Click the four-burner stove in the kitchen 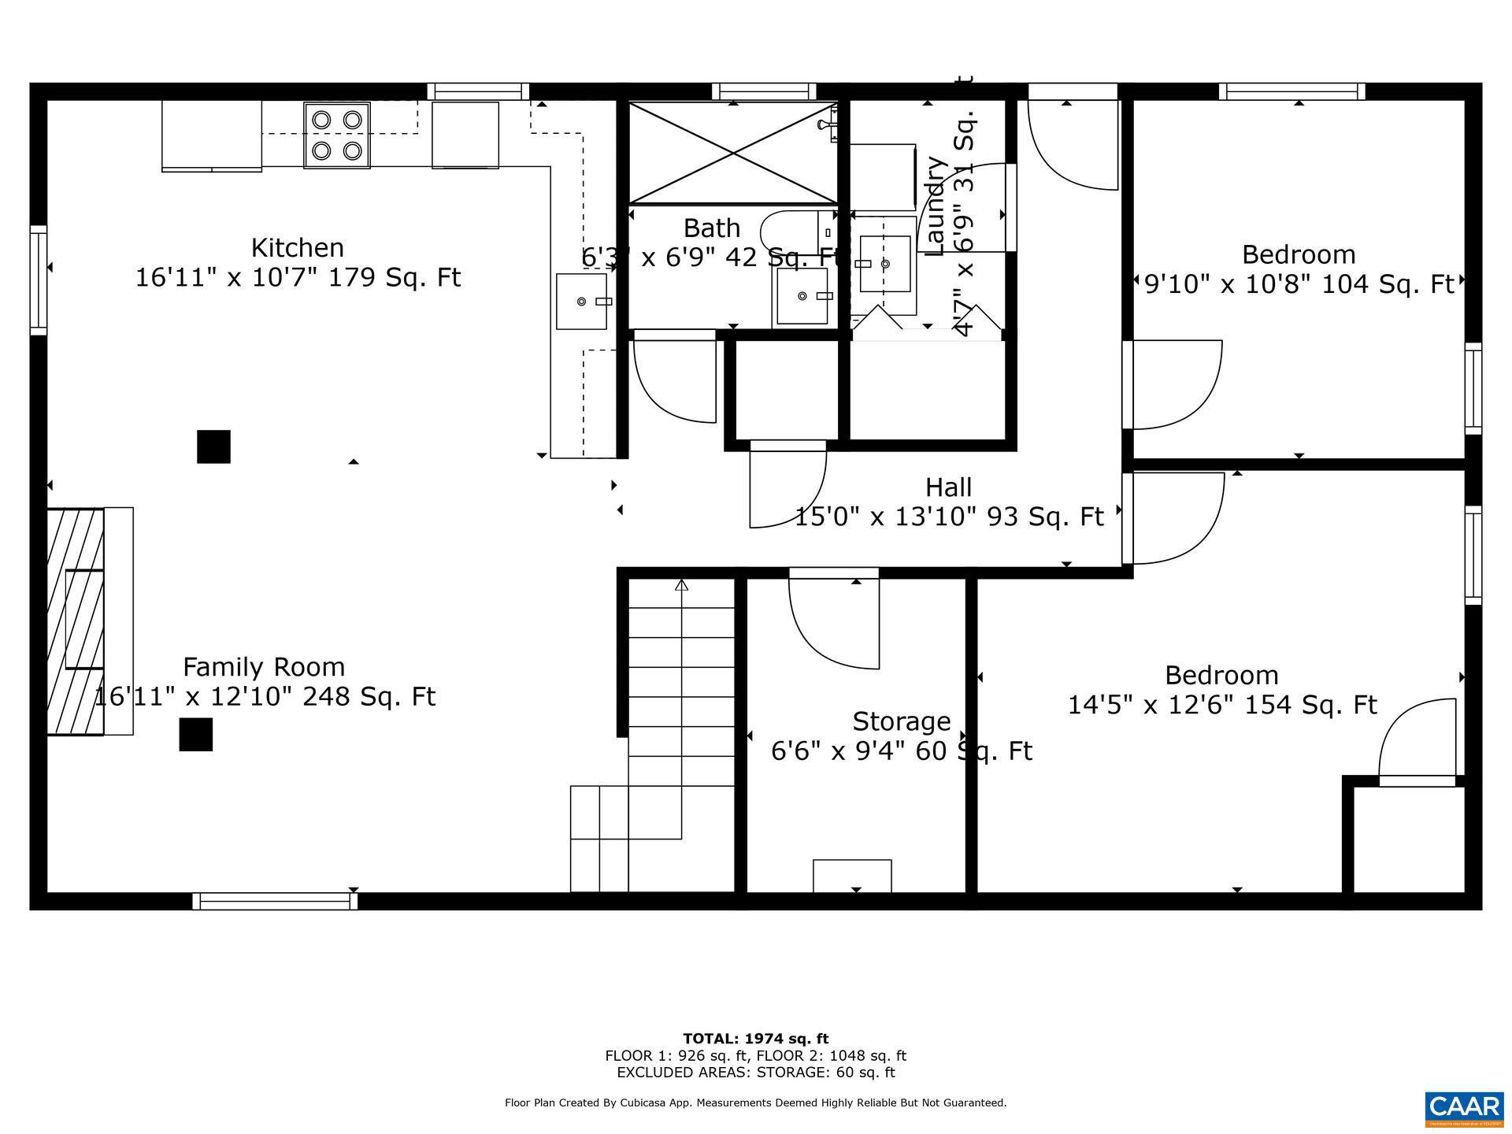coord(337,135)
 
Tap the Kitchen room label coord(297,248)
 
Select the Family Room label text coord(264,667)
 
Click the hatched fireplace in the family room coord(76,621)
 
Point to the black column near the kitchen coord(213,447)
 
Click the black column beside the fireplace coord(195,734)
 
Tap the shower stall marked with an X coord(732,153)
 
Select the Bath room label coord(711,228)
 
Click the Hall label coord(948,487)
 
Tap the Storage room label coord(901,721)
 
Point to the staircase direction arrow coord(681,585)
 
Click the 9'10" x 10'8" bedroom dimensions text coord(1299,283)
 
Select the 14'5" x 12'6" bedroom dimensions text coord(1221,704)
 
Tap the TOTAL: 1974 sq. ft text coord(755,1039)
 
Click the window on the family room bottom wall coord(275,901)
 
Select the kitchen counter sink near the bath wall coord(582,302)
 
